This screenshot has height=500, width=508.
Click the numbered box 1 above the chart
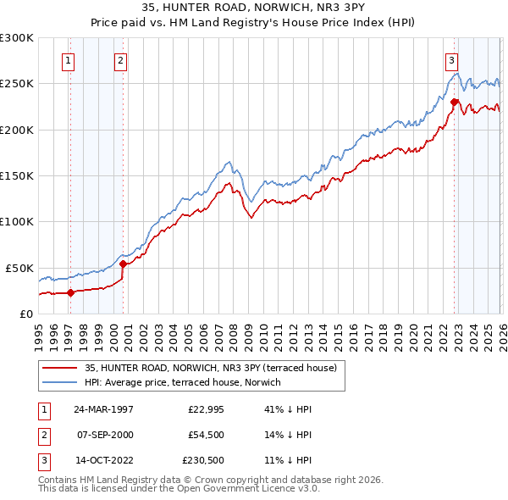[x=67, y=60]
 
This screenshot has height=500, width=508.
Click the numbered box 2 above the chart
[x=120, y=60]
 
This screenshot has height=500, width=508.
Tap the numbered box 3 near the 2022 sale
[x=451, y=60]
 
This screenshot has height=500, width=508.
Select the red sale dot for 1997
[x=71, y=293]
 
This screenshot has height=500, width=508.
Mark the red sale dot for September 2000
[x=124, y=264]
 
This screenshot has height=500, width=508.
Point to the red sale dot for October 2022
[x=455, y=103]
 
